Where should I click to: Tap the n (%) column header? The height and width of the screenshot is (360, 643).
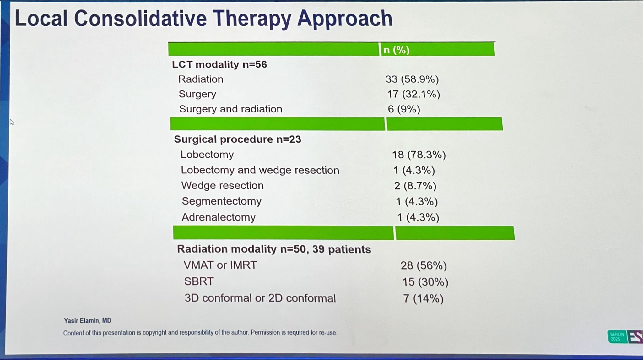(397, 50)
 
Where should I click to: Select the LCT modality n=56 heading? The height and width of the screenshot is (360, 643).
(219, 64)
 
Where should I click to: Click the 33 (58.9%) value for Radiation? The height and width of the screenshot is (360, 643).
(412, 79)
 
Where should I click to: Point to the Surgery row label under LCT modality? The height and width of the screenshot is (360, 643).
(197, 94)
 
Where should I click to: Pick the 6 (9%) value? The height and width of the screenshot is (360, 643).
(404, 109)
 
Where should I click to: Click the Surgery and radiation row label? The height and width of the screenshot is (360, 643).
(230, 109)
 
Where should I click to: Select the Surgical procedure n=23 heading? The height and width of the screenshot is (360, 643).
(237, 139)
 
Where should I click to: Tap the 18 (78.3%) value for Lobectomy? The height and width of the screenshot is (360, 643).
(419, 155)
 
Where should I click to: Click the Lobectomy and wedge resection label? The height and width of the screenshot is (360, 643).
(260, 170)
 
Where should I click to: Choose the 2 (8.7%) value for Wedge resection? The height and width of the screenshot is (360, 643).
(415, 186)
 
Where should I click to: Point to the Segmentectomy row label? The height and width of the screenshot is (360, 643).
(221, 201)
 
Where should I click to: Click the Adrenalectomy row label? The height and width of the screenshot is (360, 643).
(219, 217)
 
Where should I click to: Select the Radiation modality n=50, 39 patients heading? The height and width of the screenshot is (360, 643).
(274, 249)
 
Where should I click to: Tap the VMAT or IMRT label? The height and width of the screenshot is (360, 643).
(220, 265)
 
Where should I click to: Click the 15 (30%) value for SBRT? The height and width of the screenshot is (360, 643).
(425, 282)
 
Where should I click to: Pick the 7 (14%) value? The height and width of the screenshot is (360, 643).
(423, 298)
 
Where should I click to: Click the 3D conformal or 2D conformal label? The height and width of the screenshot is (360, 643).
(260, 298)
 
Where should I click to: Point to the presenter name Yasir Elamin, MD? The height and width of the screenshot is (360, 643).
(88, 320)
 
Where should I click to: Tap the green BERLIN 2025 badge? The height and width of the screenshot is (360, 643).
(617, 337)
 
